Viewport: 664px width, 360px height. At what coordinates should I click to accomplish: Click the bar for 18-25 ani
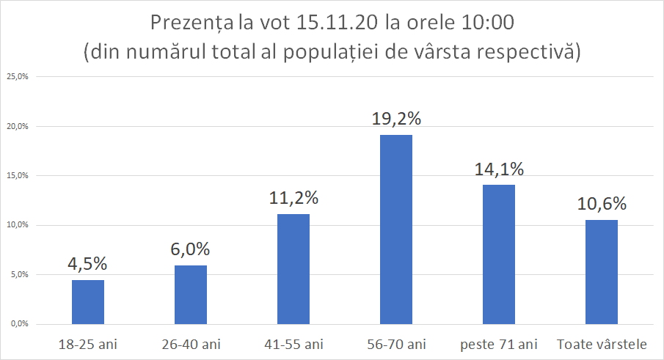[x=88, y=301]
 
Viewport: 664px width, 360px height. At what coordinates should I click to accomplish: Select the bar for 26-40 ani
[x=191, y=294]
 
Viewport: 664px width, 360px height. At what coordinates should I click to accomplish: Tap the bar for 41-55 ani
[x=293, y=268]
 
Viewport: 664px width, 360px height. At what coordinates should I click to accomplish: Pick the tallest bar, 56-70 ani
[x=396, y=229]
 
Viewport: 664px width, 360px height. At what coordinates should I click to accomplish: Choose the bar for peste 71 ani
[x=499, y=254]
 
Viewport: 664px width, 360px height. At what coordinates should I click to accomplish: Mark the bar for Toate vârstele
[x=602, y=271]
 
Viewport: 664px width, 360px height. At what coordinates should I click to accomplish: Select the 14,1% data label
[x=499, y=169]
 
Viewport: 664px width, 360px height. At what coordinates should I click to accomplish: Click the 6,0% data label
[x=191, y=250]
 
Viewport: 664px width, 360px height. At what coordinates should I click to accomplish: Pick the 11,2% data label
[x=293, y=198]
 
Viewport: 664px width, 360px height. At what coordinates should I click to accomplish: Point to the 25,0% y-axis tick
[x=17, y=76]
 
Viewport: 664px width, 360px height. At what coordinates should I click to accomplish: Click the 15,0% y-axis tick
[x=17, y=175]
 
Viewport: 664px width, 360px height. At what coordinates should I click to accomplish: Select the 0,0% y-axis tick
[x=18, y=324]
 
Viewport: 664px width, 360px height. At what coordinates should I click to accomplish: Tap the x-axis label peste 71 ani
[x=499, y=343]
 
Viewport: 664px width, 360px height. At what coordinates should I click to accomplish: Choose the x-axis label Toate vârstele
[x=602, y=343]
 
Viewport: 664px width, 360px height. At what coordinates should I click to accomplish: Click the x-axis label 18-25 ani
[x=88, y=343]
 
